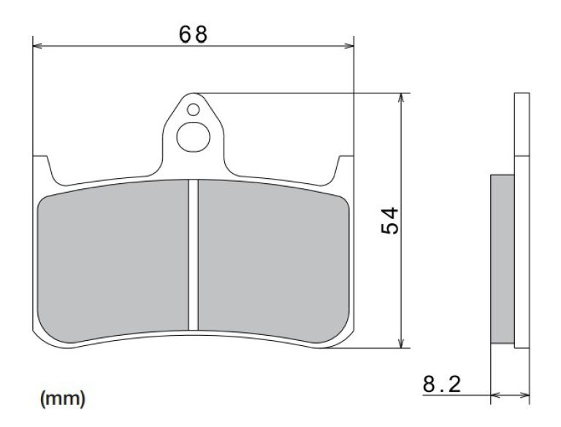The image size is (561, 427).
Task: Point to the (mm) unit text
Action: tap(62, 399)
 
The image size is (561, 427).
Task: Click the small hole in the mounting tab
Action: tap(192, 110)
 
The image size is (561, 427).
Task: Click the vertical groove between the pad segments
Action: tap(194, 255)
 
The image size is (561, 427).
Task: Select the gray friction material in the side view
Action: tap(502, 259)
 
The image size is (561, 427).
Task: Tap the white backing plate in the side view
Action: tap(521, 219)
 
